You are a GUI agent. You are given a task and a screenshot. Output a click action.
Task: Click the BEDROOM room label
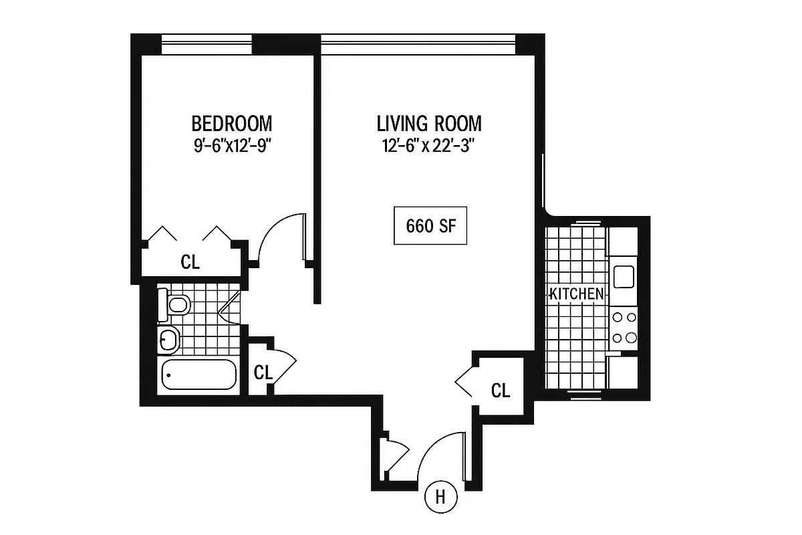[232, 124]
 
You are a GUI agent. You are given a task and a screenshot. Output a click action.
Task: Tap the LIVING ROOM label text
[428, 124]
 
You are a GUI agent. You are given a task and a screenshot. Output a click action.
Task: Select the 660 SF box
[430, 226]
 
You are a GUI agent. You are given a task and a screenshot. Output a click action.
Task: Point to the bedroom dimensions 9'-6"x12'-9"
[232, 146]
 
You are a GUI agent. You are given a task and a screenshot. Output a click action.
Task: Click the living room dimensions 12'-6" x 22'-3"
[428, 146]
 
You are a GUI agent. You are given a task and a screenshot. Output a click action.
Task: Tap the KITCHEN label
[577, 294]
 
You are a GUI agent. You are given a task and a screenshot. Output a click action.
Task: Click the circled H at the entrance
[440, 497]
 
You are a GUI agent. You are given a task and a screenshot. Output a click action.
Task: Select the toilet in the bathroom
[174, 306]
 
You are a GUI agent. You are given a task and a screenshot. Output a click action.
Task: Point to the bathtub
[198, 374]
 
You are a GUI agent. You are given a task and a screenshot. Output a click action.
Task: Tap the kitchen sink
[624, 276]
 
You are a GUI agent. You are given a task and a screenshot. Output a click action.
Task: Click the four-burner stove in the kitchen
[624, 328]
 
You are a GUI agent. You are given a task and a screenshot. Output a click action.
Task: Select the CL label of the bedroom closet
[190, 262]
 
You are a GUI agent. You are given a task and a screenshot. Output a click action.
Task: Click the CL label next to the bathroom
[263, 372]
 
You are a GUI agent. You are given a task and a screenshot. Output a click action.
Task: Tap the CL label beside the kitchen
[501, 390]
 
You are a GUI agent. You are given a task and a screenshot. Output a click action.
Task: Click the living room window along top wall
[418, 44]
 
